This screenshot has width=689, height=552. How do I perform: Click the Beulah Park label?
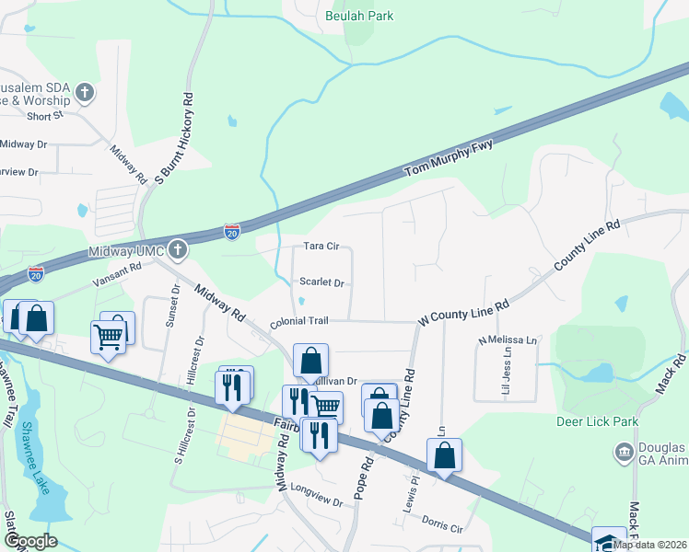359,17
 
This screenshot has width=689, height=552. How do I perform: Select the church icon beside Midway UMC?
178,250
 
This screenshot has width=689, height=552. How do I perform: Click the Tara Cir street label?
321,247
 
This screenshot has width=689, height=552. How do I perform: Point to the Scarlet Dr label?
321,283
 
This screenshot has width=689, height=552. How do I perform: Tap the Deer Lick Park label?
597,422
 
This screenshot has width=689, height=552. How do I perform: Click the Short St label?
44,116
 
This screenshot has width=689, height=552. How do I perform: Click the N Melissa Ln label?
507,340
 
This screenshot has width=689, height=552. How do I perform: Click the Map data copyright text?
650,545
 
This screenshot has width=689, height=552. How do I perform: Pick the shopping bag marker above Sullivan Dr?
310,361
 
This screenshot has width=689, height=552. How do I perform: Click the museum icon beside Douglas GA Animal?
624,452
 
